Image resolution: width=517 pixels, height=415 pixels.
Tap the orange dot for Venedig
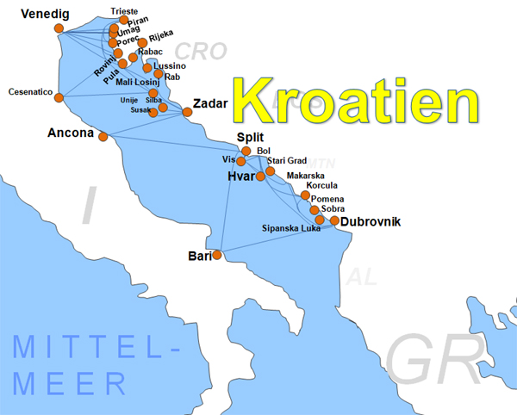click(59, 28)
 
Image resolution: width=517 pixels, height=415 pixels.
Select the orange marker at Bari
click(217, 255)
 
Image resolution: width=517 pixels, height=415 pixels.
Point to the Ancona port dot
click(103, 136)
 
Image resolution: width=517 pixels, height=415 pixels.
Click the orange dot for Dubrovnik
click(334, 220)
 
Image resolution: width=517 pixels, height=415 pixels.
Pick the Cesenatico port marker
click(59, 97)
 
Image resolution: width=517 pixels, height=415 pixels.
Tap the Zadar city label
click(211, 103)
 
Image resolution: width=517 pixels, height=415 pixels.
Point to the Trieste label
click(124, 10)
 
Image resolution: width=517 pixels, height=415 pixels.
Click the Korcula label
click(322, 185)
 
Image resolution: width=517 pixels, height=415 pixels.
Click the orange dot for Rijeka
click(143, 43)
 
